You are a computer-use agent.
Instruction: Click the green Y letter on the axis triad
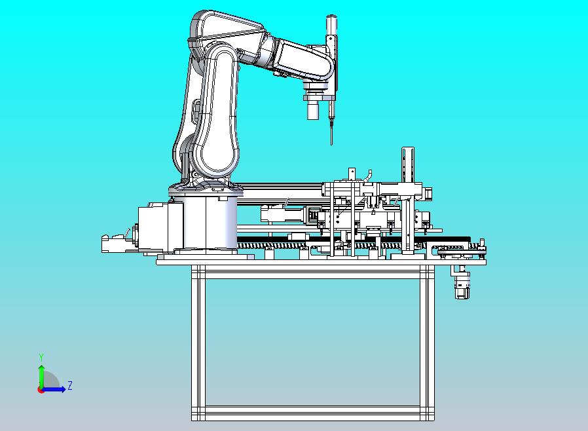click(41, 357)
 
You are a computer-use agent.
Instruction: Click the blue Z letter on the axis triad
click(70, 385)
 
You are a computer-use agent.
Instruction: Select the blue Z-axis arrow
click(53, 390)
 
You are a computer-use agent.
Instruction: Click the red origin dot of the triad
click(40, 390)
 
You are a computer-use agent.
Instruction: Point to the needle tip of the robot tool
click(331, 144)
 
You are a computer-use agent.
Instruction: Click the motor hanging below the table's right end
click(462, 282)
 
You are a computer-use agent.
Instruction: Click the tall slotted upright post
click(408, 164)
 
